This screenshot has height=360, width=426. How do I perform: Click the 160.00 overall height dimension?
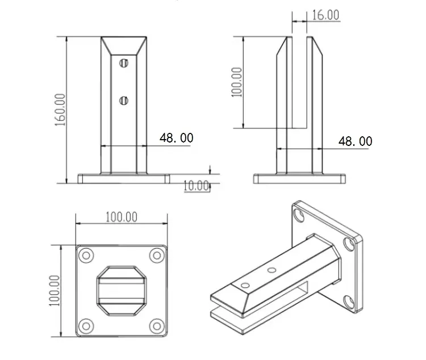point(60,110)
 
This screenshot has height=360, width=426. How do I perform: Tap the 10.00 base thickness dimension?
point(197,186)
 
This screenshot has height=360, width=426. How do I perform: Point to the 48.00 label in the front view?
point(176,138)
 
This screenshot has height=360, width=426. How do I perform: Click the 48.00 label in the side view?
point(355,141)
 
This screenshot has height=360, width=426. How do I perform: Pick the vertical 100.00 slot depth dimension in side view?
point(237,82)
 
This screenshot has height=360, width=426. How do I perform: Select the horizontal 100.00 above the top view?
point(122,216)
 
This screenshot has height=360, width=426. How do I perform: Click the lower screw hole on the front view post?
point(124,101)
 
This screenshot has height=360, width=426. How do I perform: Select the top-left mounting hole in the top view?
point(87,256)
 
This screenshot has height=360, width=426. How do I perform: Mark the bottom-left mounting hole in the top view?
point(87,325)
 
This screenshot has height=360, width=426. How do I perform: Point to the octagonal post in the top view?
point(122,290)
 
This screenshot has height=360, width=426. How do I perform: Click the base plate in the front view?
point(123,179)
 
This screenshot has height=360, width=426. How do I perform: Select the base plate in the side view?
point(299,179)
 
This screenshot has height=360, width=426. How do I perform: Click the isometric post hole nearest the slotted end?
point(245,284)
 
